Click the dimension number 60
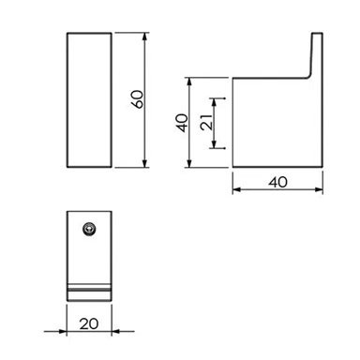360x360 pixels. (x=138, y=99)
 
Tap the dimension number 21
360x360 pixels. (x=207, y=122)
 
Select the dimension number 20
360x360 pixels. (x=89, y=323)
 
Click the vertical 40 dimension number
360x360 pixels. (x=182, y=123)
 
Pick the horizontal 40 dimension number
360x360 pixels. (x=277, y=182)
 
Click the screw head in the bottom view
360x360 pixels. (x=89, y=230)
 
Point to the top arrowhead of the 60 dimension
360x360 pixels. (x=144, y=37)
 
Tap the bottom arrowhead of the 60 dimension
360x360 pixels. (x=144, y=163)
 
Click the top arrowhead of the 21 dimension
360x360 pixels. (x=214, y=103)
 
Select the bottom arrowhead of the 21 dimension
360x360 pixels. (x=214, y=144)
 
